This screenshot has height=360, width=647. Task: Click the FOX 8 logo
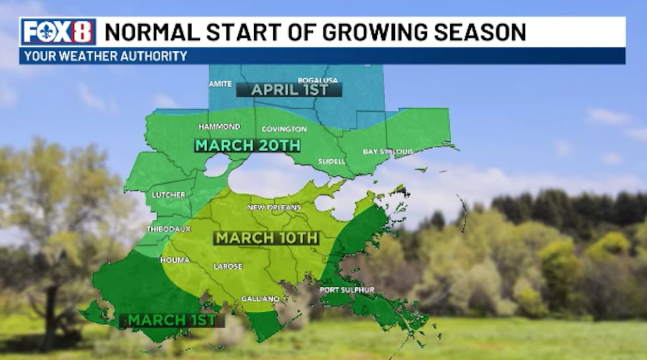[59, 32]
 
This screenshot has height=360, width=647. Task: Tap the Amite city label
[220, 84]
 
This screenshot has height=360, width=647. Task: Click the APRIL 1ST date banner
[289, 90]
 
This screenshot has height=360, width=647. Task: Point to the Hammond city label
[220, 126]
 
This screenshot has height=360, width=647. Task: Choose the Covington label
[284, 129]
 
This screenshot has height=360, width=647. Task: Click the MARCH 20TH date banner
[248, 145]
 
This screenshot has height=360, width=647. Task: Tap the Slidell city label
[331, 161]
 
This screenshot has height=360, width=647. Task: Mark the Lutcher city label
[168, 195]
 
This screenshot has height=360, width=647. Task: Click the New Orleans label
[275, 207]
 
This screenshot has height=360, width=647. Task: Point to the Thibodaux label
[169, 229]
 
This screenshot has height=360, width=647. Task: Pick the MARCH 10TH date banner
[267, 238]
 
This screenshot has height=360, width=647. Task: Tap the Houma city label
[175, 260]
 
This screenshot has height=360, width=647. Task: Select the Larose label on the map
[228, 266]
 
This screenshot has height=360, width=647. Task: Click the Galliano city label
[260, 299]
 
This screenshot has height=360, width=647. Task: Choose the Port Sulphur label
[347, 289]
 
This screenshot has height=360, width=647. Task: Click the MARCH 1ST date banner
[172, 320]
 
